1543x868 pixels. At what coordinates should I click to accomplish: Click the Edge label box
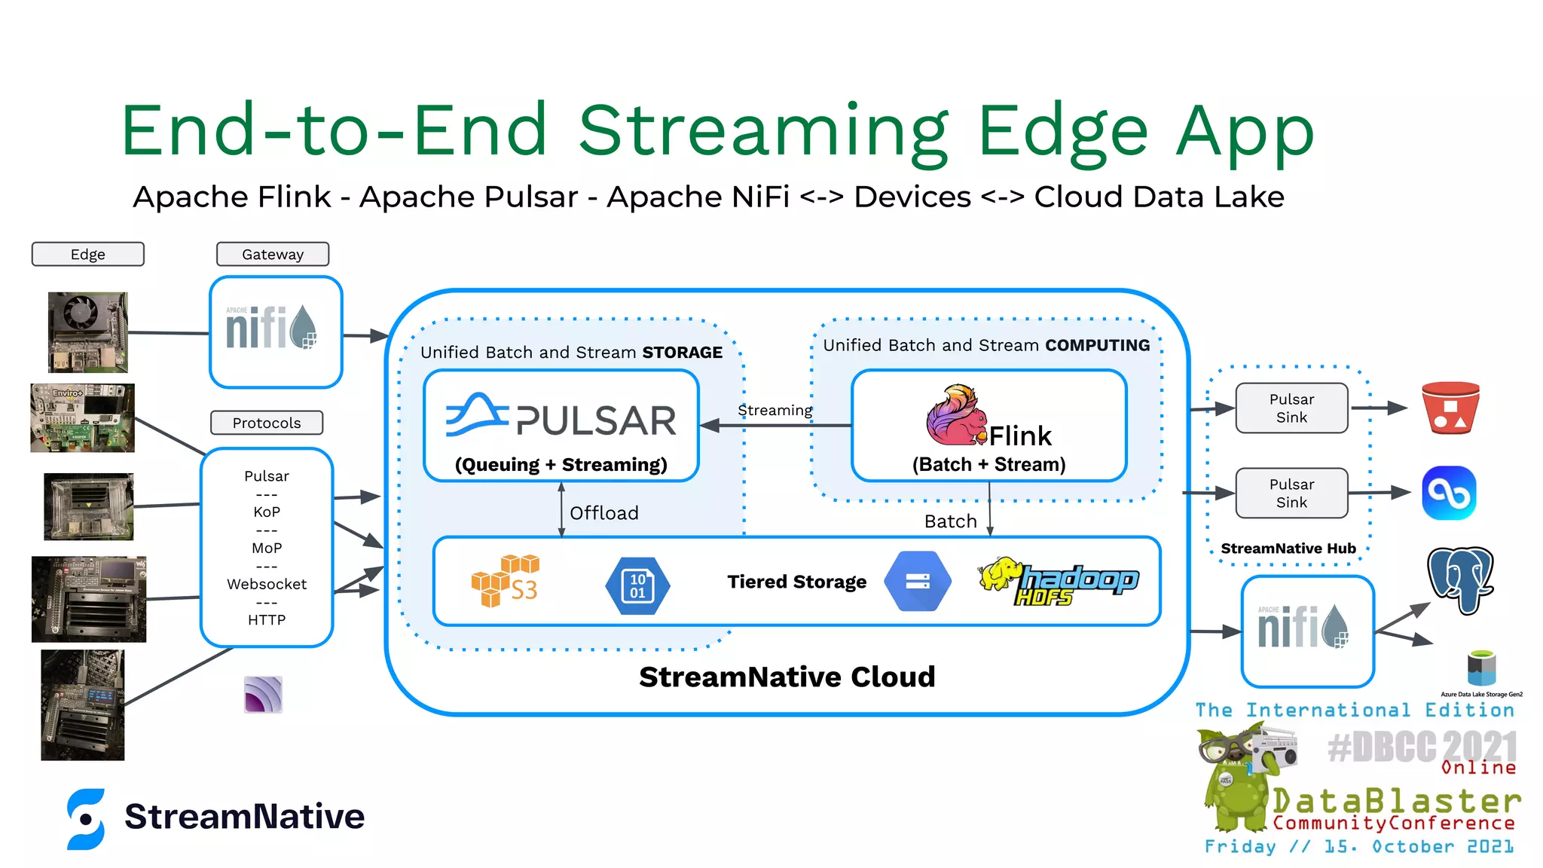click(x=87, y=254)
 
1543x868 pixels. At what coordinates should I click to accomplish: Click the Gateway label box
click(x=272, y=254)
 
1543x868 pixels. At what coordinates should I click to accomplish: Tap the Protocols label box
click(x=266, y=423)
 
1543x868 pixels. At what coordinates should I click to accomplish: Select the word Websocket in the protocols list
click(x=266, y=584)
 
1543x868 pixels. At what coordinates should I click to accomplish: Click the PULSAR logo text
click(x=595, y=420)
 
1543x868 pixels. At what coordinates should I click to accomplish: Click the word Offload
click(x=603, y=513)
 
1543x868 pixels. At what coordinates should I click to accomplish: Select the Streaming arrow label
click(x=775, y=411)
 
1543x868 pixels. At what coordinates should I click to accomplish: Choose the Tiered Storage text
click(x=796, y=582)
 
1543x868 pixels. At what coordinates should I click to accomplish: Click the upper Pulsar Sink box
click(x=1291, y=408)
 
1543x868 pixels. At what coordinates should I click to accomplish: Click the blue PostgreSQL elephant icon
click(x=1460, y=579)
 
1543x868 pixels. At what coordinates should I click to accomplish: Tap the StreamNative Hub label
click(x=1288, y=549)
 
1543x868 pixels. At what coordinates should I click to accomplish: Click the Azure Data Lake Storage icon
click(x=1480, y=668)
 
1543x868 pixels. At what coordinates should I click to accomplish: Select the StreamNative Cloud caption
click(x=787, y=677)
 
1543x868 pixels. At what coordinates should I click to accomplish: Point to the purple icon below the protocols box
click(x=263, y=694)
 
